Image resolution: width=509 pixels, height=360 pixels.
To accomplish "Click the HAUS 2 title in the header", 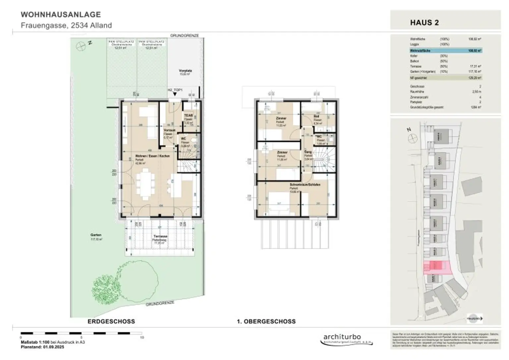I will click(424, 23).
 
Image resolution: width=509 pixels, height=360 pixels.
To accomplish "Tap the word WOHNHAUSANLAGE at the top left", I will click(61, 15).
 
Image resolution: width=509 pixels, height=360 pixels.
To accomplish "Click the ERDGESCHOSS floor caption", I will click(111, 321).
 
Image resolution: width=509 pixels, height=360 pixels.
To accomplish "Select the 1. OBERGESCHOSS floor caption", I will click(266, 321).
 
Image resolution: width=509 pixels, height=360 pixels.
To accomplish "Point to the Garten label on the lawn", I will click(96, 235).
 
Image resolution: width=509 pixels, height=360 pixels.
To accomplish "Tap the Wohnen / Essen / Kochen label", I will click(152, 156).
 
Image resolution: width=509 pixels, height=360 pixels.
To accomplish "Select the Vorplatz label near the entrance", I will click(185, 71).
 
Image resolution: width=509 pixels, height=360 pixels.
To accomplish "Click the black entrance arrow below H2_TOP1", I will click(175, 94).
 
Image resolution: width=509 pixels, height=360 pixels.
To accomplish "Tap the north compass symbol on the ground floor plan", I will click(81, 46).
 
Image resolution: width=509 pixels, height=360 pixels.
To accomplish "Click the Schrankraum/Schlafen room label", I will click(305, 185).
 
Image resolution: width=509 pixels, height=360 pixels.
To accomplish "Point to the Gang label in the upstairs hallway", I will click(308, 152).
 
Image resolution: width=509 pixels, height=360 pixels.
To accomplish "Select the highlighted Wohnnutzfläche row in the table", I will click(445, 51).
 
